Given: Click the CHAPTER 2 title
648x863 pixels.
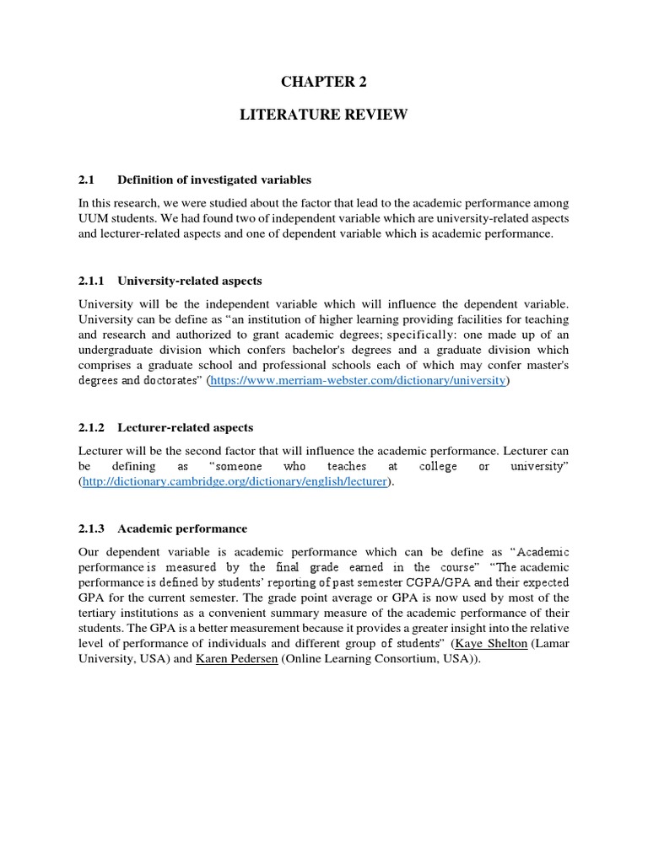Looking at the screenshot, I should click(324, 82).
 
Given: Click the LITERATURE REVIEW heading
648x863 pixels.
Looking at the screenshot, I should click(324, 115).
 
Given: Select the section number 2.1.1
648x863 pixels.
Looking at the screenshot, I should click(92, 280).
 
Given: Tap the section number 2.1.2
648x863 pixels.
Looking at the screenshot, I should click(92, 427).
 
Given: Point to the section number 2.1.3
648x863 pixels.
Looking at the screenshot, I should click(92, 528).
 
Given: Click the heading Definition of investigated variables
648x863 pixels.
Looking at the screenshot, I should click(214, 180).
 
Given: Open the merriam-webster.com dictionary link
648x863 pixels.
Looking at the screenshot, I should click(359, 381).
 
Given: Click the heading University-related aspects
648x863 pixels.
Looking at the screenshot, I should click(190, 280).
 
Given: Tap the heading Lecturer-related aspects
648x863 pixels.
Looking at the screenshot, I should click(186, 427).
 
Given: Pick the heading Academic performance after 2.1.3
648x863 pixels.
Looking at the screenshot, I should click(182, 528).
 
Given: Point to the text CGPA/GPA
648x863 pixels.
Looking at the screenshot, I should click(402, 583).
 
